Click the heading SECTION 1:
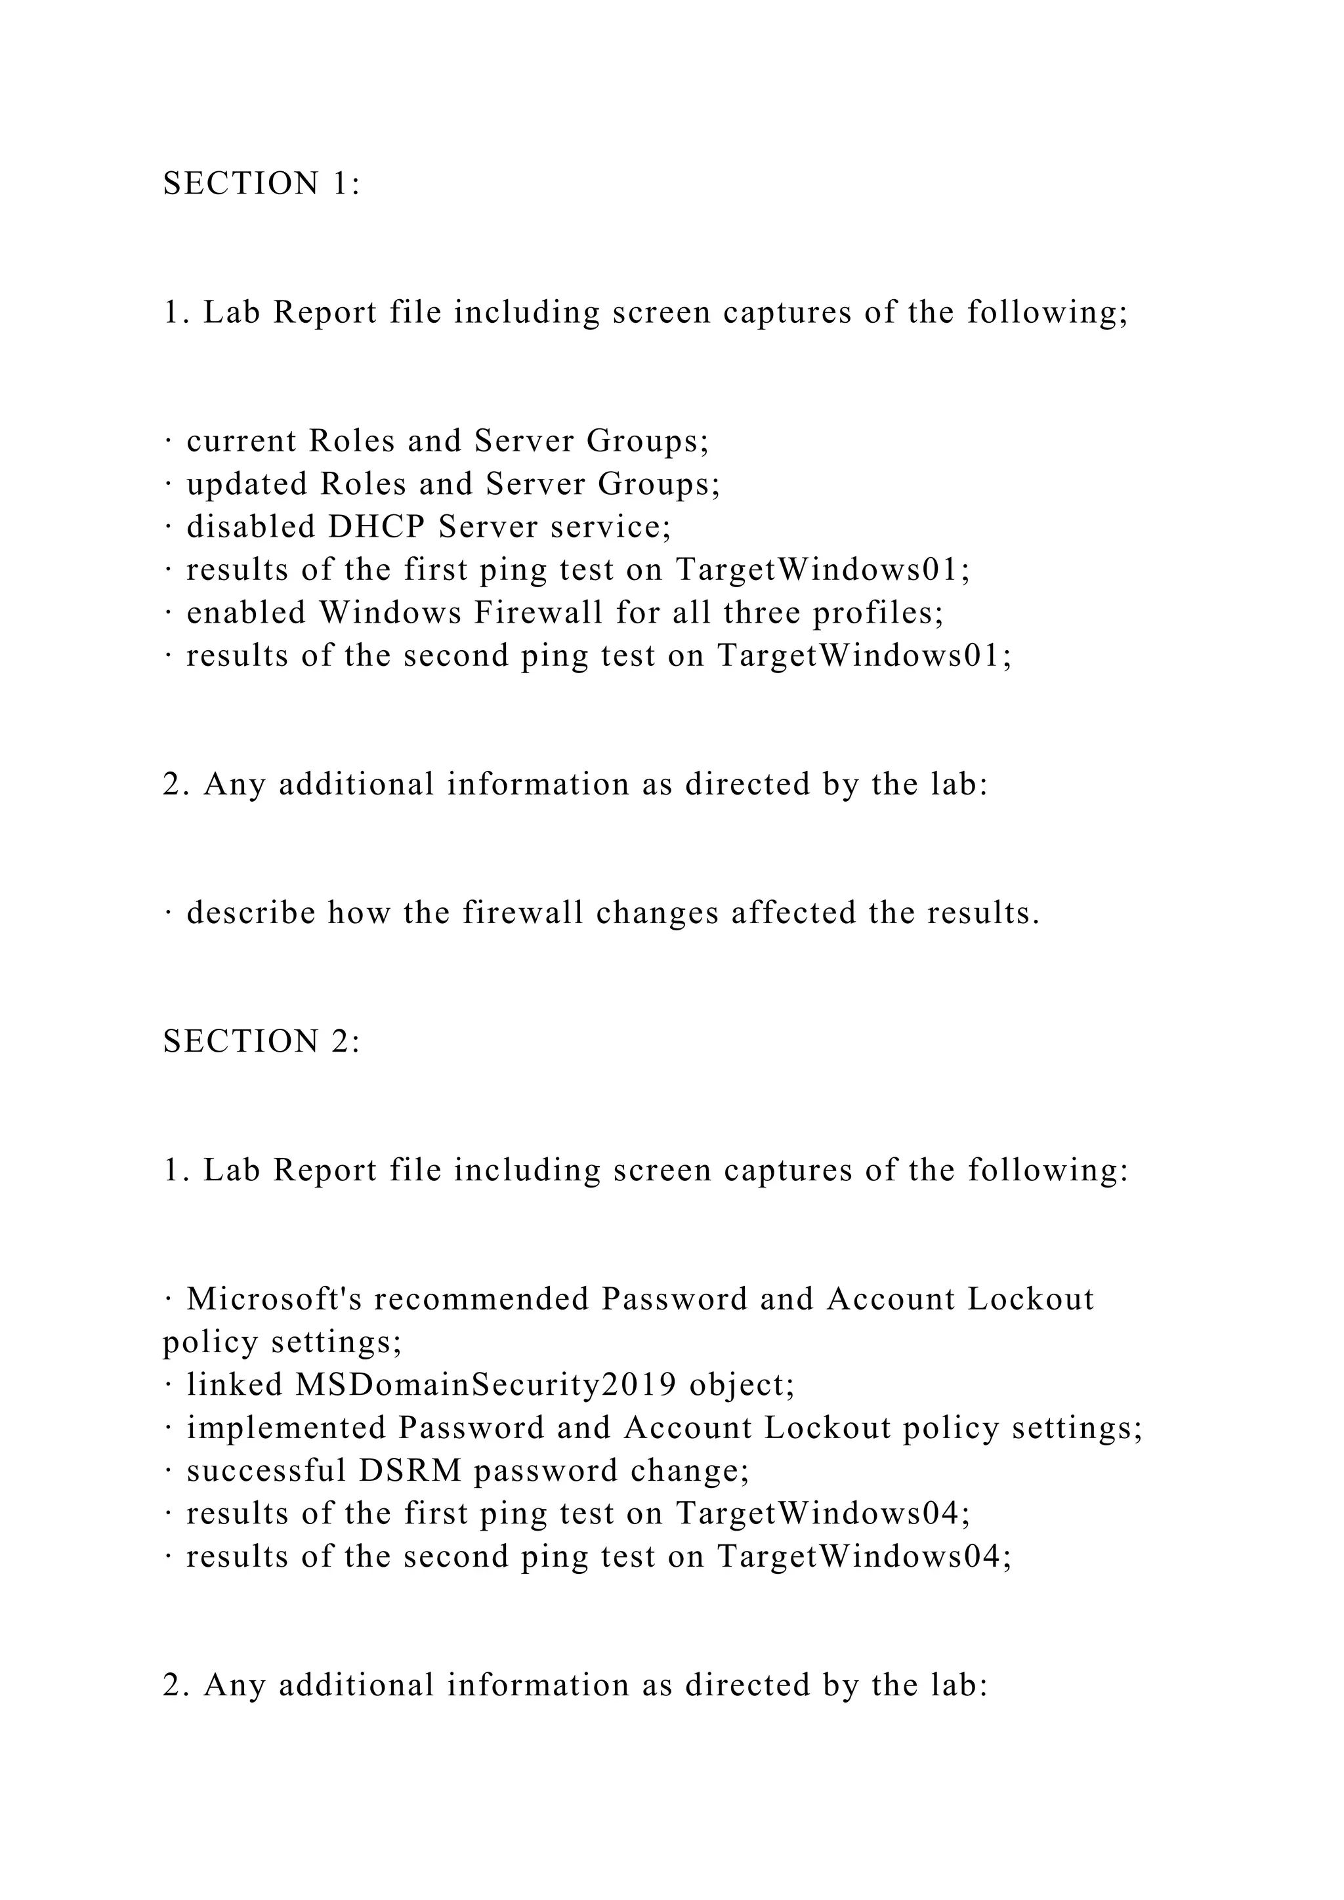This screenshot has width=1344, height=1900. point(262,184)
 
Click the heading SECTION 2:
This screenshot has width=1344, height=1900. point(262,1041)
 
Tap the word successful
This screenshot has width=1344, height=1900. point(266,1470)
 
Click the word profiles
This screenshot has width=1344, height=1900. point(877,613)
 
